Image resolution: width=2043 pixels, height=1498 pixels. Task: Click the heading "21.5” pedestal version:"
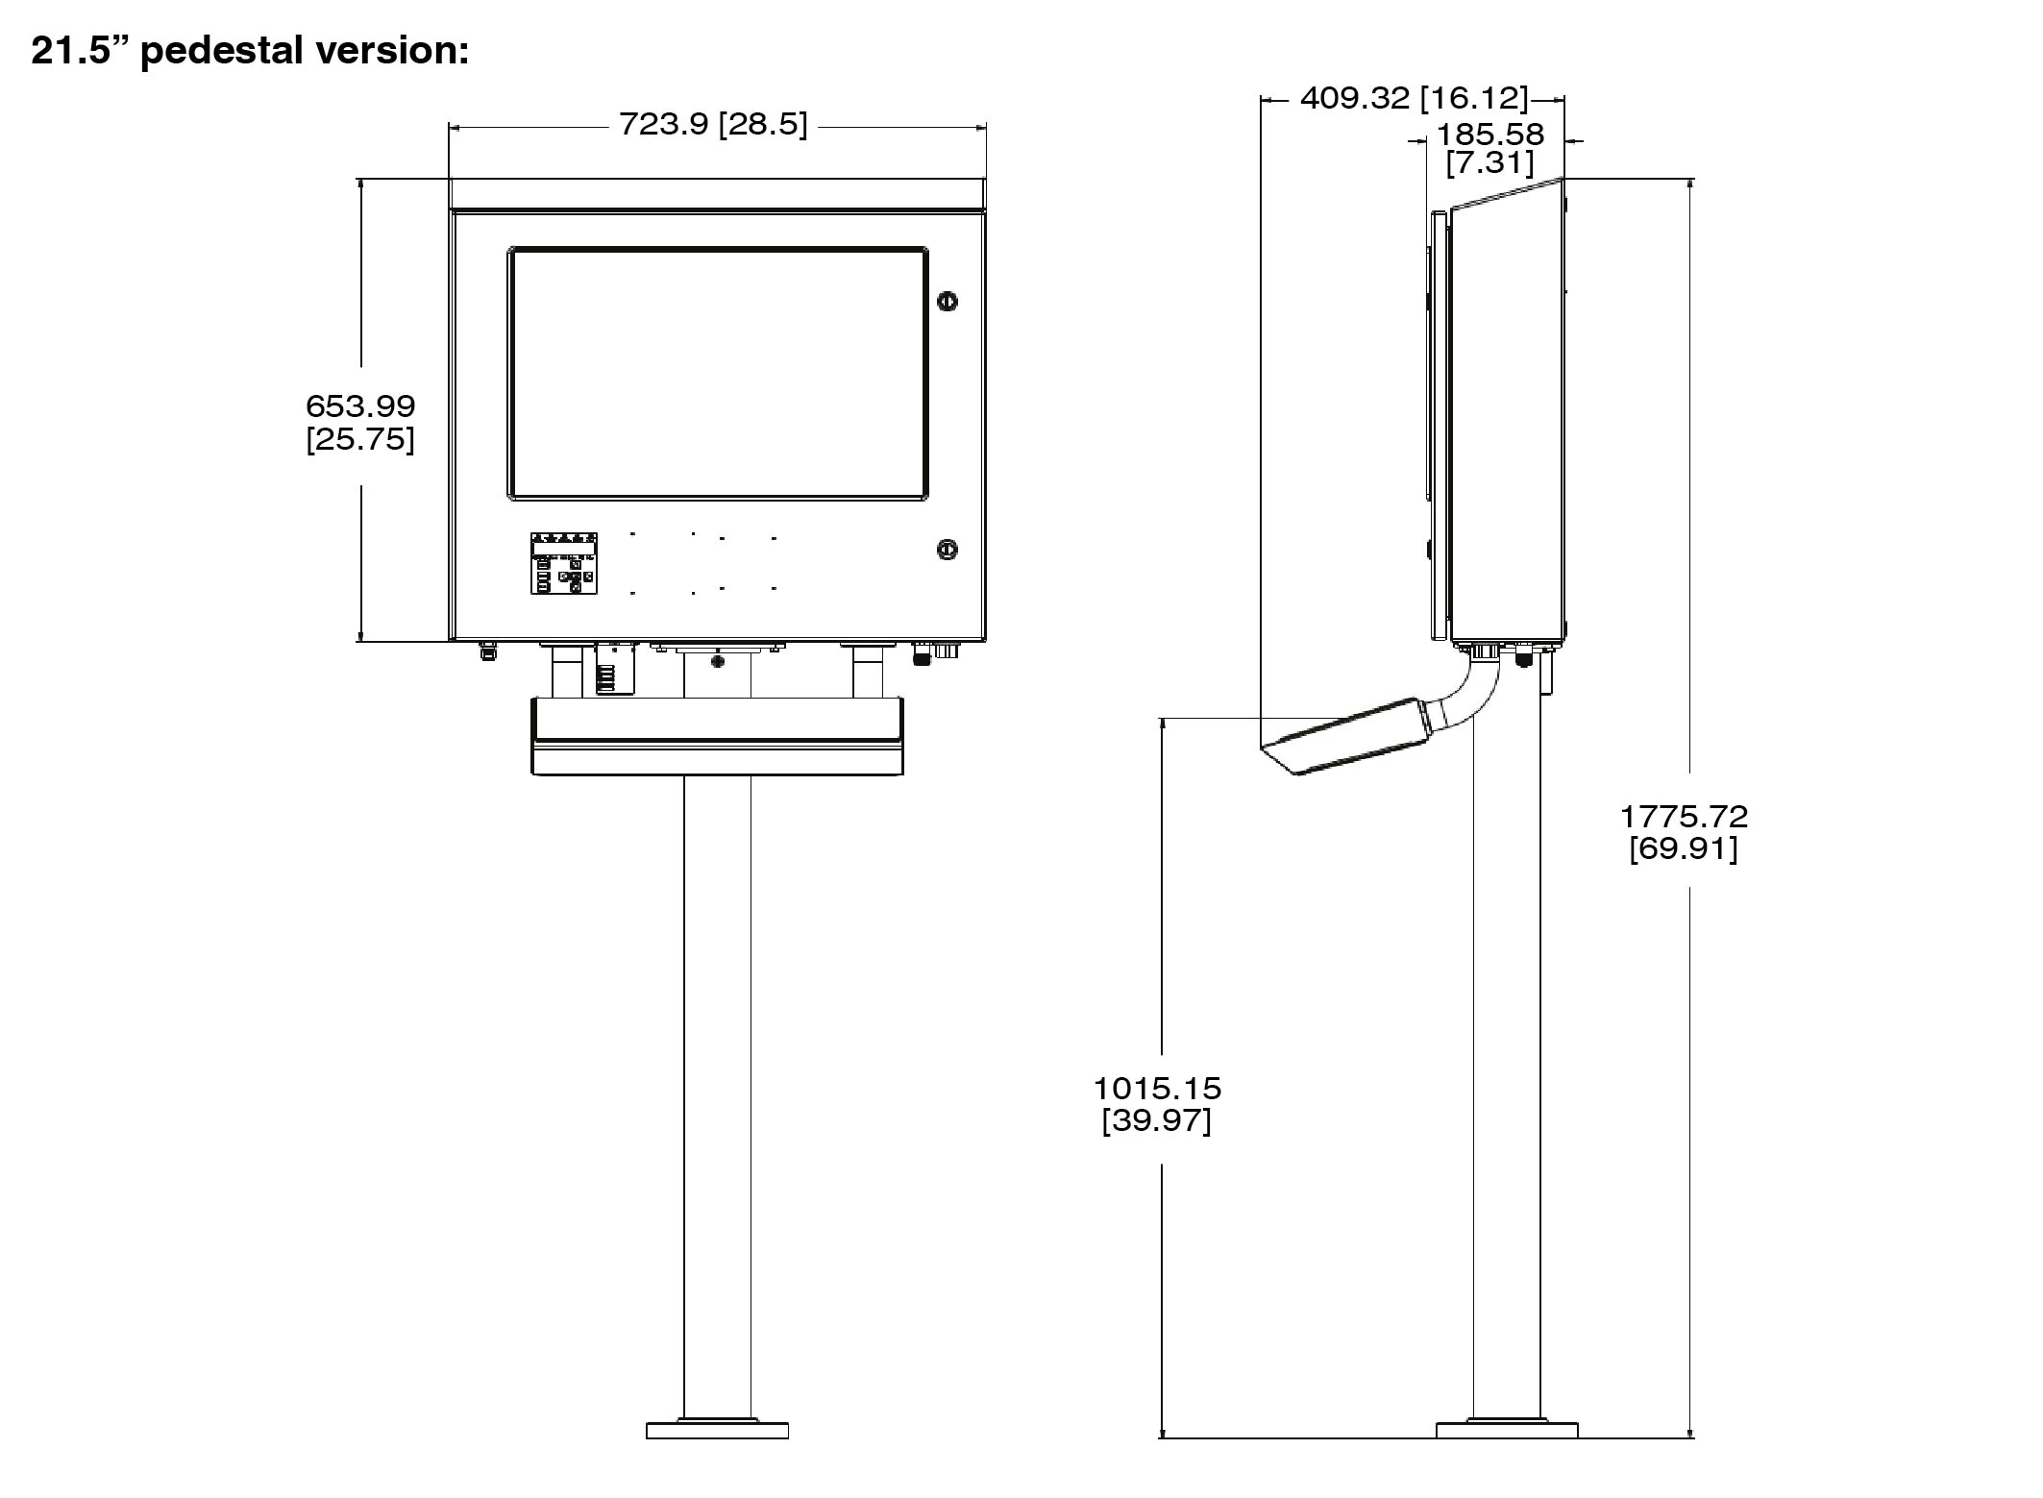tap(250, 50)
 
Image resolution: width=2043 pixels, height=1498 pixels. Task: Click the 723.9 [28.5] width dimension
tap(713, 124)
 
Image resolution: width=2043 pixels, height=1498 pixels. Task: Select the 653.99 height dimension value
tap(360, 405)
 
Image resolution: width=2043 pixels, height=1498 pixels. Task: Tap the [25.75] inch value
tap(360, 439)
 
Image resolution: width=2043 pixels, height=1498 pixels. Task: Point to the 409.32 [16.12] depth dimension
tap(1414, 97)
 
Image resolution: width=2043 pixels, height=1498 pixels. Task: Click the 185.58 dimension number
tap(1490, 134)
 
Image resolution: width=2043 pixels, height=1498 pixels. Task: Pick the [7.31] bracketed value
tap(1490, 162)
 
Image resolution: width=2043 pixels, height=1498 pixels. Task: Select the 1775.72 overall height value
tap(1684, 816)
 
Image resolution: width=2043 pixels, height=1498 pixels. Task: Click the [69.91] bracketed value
tap(1684, 848)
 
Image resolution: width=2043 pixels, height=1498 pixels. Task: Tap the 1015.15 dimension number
tap(1157, 1088)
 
